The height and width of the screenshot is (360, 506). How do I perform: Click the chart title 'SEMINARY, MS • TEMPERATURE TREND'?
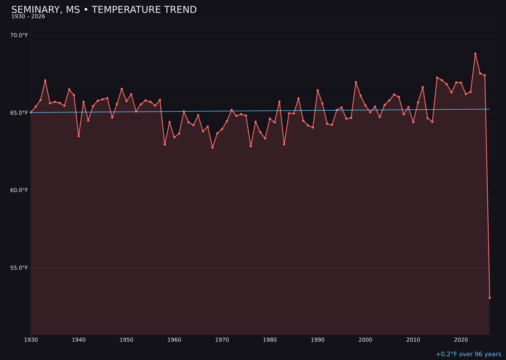[x=104, y=10]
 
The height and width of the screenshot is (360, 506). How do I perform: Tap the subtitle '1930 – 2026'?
[x=28, y=17]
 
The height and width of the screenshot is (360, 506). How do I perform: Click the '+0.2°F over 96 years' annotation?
[x=468, y=354]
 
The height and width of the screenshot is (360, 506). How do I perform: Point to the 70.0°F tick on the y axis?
[x=19, y=35]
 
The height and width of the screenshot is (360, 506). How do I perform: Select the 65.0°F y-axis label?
[x=19, y=112]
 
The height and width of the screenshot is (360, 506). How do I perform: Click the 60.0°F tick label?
[x=19, y=190]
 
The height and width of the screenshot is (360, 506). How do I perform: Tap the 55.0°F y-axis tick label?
[x=19, y=268]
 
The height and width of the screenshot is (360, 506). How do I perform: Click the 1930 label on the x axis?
[x=31, y=339]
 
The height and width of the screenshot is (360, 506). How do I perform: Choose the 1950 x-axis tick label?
[x=126, y=339]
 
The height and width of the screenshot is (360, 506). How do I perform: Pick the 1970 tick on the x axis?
[x=222, y=339]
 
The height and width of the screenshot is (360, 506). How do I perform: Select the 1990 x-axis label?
[x=318, y=339]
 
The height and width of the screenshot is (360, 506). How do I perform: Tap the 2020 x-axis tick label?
[x=461, y=339]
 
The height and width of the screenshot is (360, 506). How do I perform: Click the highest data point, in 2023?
[x=475, y=54]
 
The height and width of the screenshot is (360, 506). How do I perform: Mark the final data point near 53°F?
[x=490, y=298]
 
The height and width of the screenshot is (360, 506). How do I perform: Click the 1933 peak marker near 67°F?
[x=45, y=81]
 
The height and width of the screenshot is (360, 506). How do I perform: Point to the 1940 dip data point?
[x=79, y=136]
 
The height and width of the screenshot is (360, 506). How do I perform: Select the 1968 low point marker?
[x=212, y=148]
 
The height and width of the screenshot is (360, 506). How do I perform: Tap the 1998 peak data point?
[x=356, y=82]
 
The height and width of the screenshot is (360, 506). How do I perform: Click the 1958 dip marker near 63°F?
[x=164, y=144]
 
